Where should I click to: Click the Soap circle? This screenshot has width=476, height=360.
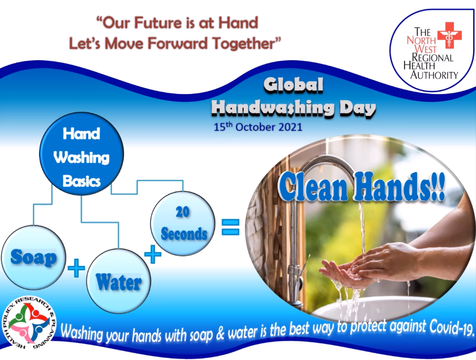point(33,257)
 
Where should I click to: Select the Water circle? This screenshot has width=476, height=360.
point(119,281)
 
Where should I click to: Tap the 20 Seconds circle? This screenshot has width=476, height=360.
point(183,223)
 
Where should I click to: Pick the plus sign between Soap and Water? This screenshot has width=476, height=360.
point(76,268)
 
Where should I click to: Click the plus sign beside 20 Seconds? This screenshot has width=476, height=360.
point(153,254)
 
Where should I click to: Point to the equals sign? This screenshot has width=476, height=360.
point(230,227)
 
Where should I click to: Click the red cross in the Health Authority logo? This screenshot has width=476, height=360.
point(450,35)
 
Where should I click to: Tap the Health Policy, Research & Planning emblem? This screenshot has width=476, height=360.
point(29,322)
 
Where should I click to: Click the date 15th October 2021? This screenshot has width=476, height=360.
point(258,127)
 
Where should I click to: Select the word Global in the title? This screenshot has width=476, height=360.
point(293,85)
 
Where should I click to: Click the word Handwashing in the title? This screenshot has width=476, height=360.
point(272,108)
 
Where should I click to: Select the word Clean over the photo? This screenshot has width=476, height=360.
point(313,187)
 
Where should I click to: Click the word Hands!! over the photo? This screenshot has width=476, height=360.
point(399,186)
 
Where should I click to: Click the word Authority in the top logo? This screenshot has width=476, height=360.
point(434,75)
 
